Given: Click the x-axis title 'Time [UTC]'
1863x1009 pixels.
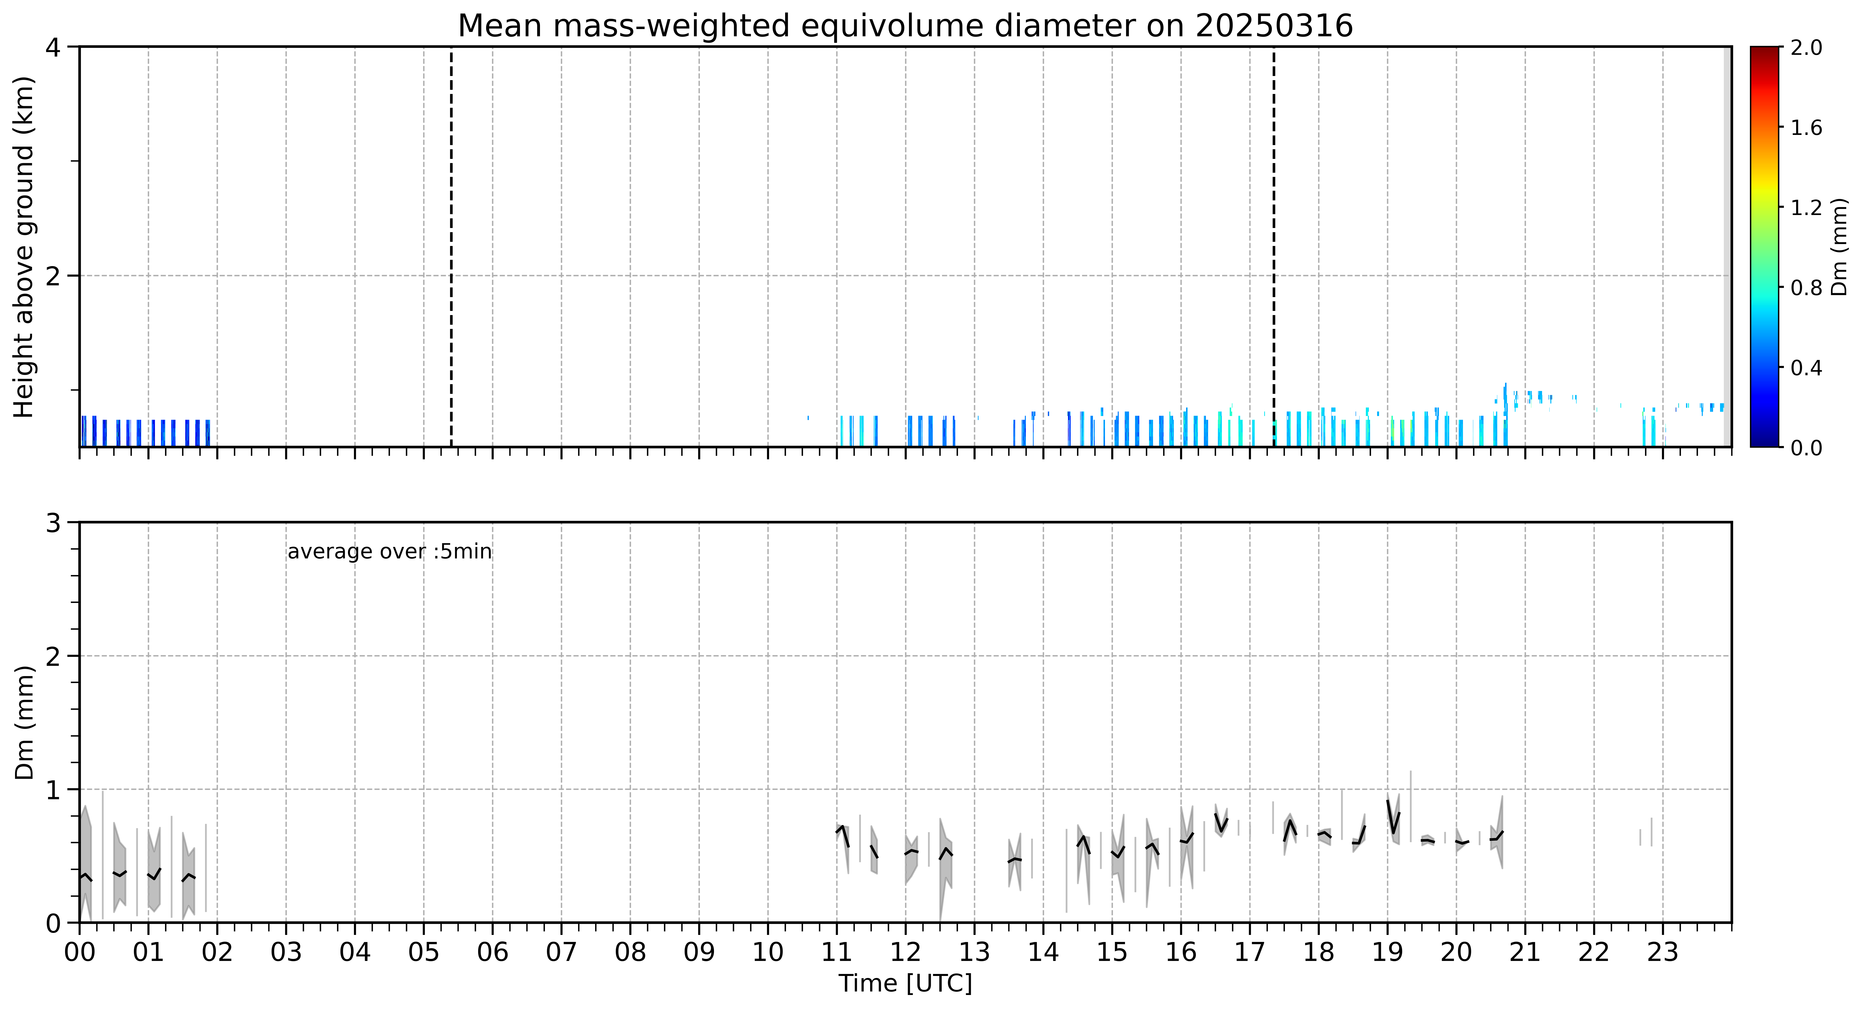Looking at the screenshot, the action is (x=905, y=984).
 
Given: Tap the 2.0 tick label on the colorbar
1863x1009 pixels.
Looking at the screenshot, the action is (x=1806, y=48).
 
